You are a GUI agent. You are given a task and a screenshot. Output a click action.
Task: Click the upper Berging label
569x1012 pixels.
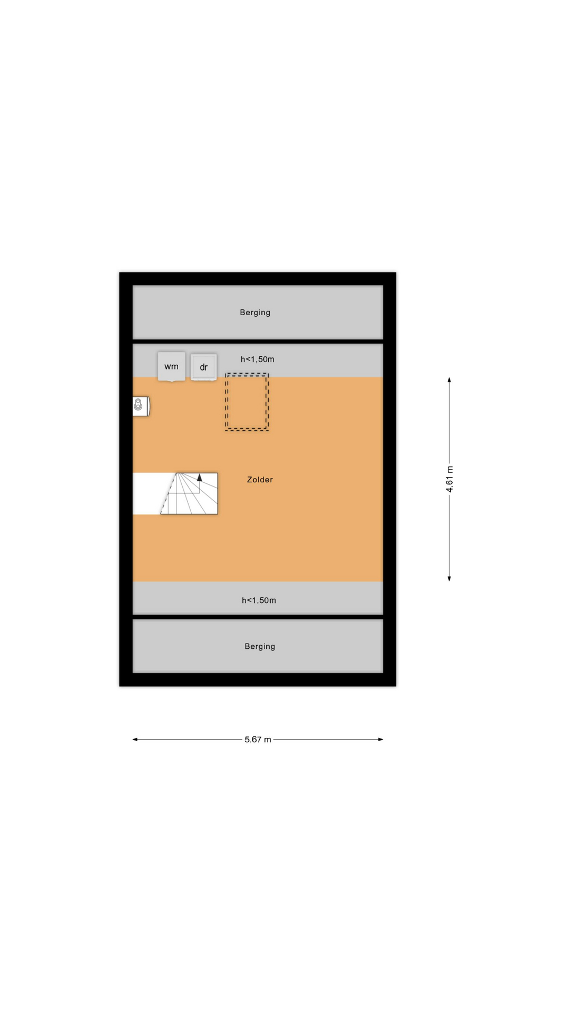click(255, 313)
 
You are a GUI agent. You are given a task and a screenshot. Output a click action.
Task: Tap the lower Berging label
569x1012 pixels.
click(260, 647)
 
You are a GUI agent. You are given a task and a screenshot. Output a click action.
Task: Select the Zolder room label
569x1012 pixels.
click(260, 480)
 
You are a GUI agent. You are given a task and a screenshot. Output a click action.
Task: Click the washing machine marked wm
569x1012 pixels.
click(171, 366)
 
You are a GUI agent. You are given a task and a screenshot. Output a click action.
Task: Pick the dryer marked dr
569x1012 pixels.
click(203, 367)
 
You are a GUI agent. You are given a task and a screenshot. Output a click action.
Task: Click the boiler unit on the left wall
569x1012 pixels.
click(141, 406)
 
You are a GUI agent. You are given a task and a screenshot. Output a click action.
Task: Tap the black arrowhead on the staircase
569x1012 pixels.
click(200, 478)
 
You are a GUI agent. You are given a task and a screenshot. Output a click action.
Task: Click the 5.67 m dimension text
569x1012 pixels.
click(258, 739)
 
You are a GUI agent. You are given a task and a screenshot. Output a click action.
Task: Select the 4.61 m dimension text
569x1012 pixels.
click(449, 480)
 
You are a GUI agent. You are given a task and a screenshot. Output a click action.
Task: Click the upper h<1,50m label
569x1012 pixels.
click(257, 359)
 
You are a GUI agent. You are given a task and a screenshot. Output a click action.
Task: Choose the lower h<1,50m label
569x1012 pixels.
click(259, 600)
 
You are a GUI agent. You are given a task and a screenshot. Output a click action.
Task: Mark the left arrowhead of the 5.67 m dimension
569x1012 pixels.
click(135, 739)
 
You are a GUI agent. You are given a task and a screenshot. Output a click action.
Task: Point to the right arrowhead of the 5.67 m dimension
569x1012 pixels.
click(380, 739)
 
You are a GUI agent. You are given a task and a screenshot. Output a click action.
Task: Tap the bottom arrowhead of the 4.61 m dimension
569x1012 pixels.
click(449, 579)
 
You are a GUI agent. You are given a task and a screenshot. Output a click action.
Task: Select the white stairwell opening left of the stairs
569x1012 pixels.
click(150, 494)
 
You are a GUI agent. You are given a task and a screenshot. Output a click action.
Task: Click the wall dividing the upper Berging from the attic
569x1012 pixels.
click(258, 342)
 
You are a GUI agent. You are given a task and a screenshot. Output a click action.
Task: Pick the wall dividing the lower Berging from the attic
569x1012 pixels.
click(258, 617)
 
